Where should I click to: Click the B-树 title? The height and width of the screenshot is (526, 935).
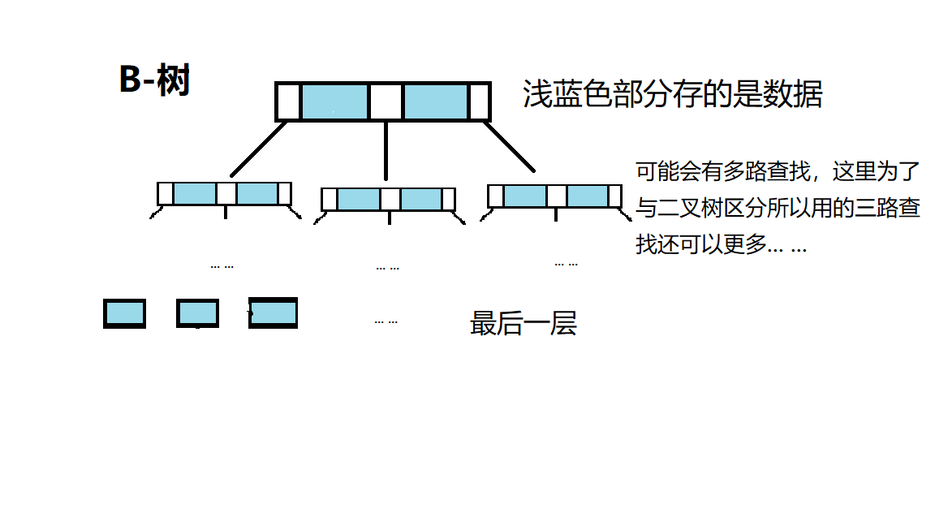point(154,81)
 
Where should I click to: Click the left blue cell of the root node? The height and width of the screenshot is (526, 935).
point(334,102)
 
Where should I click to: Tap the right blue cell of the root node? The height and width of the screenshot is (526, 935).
point(435,102)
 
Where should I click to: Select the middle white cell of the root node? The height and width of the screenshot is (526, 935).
point(386,102)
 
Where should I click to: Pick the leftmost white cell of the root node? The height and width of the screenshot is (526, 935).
point(288,102)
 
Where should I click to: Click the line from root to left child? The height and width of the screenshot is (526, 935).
point(258,149)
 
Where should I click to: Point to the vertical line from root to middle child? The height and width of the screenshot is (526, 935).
point(386,150)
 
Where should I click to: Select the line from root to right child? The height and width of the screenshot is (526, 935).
point(511,147)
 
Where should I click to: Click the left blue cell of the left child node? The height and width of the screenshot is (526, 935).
point(195,194)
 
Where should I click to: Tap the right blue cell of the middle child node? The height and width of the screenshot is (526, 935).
point(421,200)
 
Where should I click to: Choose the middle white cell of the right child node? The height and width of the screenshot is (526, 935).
point(556,196)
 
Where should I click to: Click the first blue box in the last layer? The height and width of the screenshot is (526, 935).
point(124,313)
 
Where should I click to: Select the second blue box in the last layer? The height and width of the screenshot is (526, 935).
point(197,313)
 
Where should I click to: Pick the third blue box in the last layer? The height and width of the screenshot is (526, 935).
point(274,313)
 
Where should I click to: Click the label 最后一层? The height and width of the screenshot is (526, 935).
point(523,324)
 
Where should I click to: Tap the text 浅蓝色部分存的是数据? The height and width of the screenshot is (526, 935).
point(673,95)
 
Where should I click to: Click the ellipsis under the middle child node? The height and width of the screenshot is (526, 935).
point(387,268)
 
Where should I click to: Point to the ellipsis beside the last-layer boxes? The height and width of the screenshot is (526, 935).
point(386,321)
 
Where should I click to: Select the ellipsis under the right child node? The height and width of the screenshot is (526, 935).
point(566,264)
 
